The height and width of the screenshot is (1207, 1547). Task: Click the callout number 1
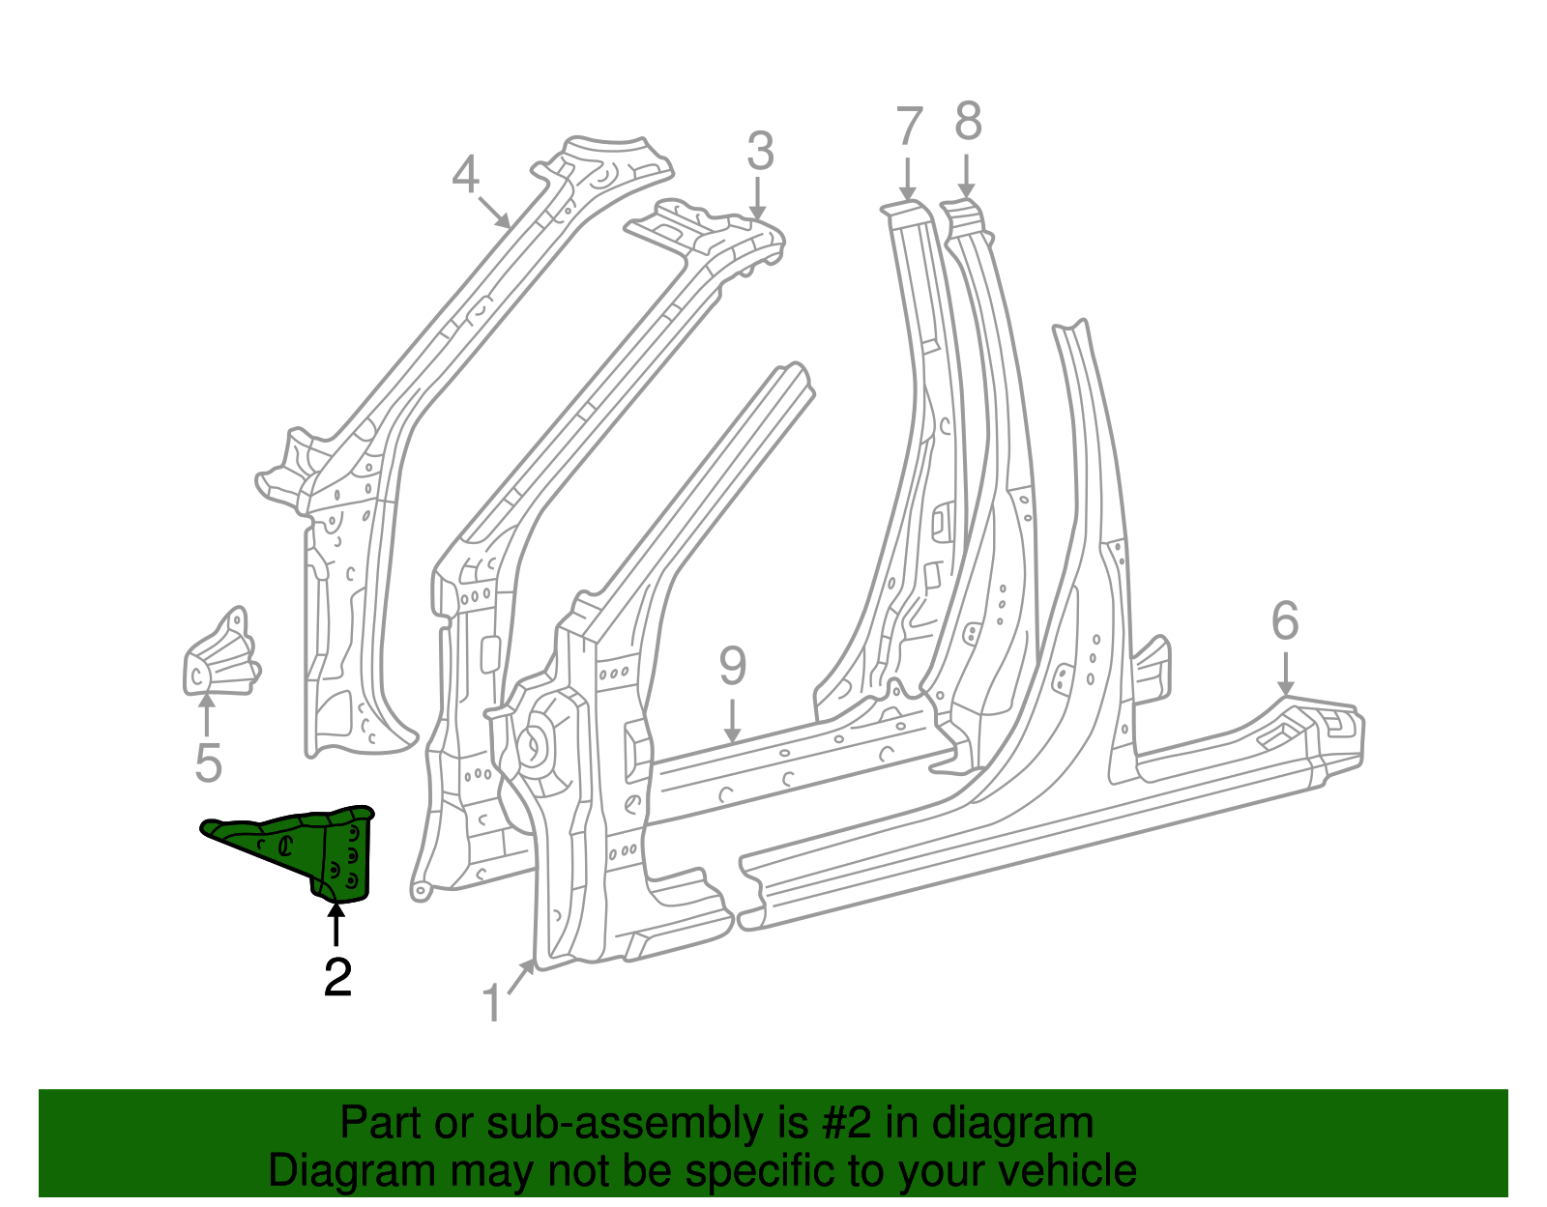pyautogui.click(x=492, y=1004)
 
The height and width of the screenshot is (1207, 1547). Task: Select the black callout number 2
pyautogui.click(x=337, y=978)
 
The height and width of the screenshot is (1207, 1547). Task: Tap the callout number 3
pyautogui.click(x=760, y=152)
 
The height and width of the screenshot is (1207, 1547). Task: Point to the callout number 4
pyautogui.click(x=465, y=175)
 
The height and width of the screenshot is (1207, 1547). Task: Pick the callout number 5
pyautogui.click(x=208, y=762)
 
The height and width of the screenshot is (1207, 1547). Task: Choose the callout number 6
pyautogui.click(x=1285, y=621)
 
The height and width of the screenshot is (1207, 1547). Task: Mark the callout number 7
pyautogui.click(x=909, y=127)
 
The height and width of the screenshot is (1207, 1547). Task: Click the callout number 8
pyautogui.click(x=968, y=123)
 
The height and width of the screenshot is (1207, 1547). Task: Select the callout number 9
pyautogui.click(x=733, y=667)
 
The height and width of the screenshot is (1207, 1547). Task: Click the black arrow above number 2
pyautogui.click(x=336, y=924)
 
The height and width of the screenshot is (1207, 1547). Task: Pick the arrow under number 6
pyautogui.click(x=1285, y=673)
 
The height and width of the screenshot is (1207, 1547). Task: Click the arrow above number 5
pyautogui.click(x=206, y=717)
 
